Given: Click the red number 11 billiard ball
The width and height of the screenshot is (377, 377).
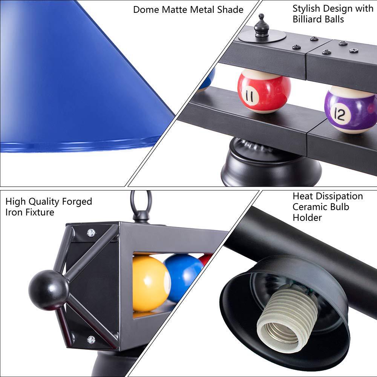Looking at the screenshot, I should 264,91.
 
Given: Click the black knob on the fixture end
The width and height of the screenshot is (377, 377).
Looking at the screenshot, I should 49,290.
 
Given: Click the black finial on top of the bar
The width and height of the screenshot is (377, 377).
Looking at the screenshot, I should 261,26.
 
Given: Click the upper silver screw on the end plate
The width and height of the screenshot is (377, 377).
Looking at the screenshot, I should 91,233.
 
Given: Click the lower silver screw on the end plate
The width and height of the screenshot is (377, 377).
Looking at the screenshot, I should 91,340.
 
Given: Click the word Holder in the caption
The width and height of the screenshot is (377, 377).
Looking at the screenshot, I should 307,217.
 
